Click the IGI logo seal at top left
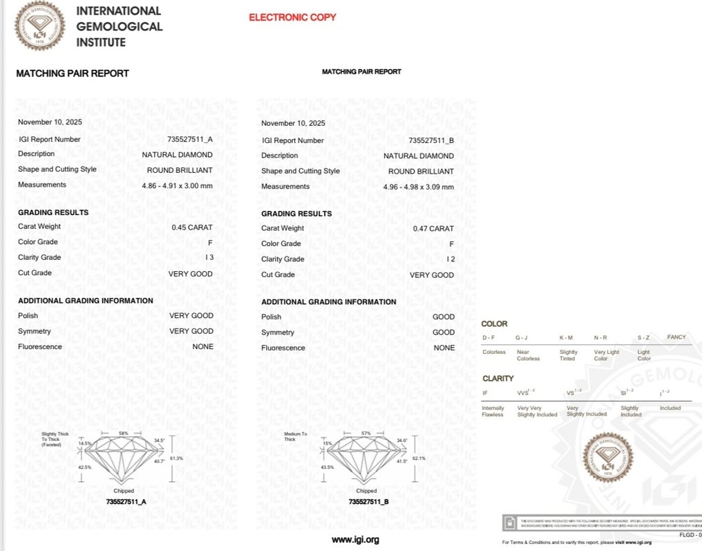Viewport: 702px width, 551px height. click(x=41, y=26)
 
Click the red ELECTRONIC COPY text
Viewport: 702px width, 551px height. click(x=292, y=17)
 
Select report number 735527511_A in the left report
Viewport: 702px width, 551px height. click(x=190, y=140)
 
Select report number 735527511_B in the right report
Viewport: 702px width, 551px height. click(x=431, y=140)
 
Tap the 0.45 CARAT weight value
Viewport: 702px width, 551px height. click(x=192, y=227)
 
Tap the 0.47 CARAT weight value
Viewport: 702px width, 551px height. click(x=433, y=228)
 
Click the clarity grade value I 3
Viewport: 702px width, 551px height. click(x=209, y=258)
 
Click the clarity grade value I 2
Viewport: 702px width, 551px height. click(x=450, y=259)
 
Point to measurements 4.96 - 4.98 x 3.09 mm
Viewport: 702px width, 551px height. click(x=419, y=187)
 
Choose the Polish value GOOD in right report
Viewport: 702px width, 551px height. click(x=444, y=317)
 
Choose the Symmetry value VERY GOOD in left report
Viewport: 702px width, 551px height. click(x=191, y=331)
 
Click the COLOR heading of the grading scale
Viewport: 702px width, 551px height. click(x=495, y=324)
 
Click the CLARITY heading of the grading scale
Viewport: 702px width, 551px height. click(x=497, y=378)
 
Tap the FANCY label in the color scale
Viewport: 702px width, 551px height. click(x=676, y=337)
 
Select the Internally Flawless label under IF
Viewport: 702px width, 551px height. click(x=493, y=411)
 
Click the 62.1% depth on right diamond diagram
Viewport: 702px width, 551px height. click(x=418, y=458)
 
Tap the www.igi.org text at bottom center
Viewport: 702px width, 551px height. click(x=355, y=540)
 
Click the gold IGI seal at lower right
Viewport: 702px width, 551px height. click(x=607, y=458)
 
